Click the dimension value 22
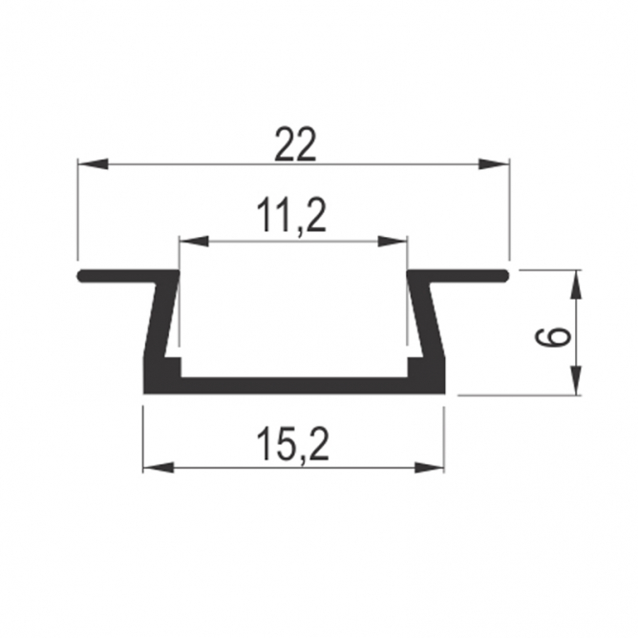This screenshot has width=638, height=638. tap(295, 145)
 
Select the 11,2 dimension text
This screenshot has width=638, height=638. tap(291, 217)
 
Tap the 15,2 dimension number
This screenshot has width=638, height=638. tap(292, 445)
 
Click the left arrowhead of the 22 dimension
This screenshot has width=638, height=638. tap(94, 164)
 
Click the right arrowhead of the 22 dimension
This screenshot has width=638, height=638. tap(494, 164)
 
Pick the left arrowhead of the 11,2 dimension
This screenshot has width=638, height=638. tap(194, 241)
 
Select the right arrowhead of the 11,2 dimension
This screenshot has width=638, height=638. tap(393, 241)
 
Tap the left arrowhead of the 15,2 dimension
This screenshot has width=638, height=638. tap(159, 467)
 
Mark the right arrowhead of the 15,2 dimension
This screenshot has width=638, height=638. tap(429, 467)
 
